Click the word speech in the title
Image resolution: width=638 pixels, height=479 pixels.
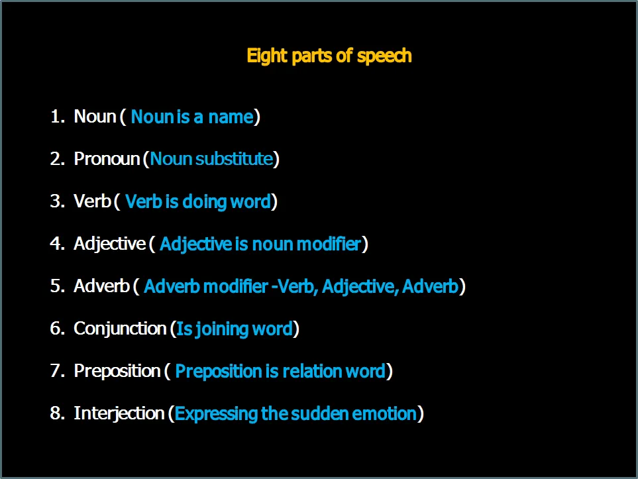point(384,56)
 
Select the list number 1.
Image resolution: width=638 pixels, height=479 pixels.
point(58,116)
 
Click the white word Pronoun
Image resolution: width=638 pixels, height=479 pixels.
point(107,158)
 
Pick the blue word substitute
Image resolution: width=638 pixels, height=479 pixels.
point(234,158)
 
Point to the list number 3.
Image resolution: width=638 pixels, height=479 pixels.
point(58,201)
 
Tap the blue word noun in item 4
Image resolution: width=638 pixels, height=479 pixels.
point(272,244)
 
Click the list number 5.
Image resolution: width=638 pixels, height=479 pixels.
point(58,286)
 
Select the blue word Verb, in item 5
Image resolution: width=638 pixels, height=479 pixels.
point(298,286)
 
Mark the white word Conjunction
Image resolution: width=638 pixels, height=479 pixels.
point(120,329)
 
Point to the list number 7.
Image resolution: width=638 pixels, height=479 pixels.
point(58,371)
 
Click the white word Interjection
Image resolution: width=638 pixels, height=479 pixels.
point(119,413)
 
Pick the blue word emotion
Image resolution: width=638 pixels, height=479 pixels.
point(384,413)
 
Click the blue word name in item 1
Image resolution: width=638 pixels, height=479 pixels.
point(231,117)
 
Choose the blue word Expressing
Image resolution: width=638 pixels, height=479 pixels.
point(216,414)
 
